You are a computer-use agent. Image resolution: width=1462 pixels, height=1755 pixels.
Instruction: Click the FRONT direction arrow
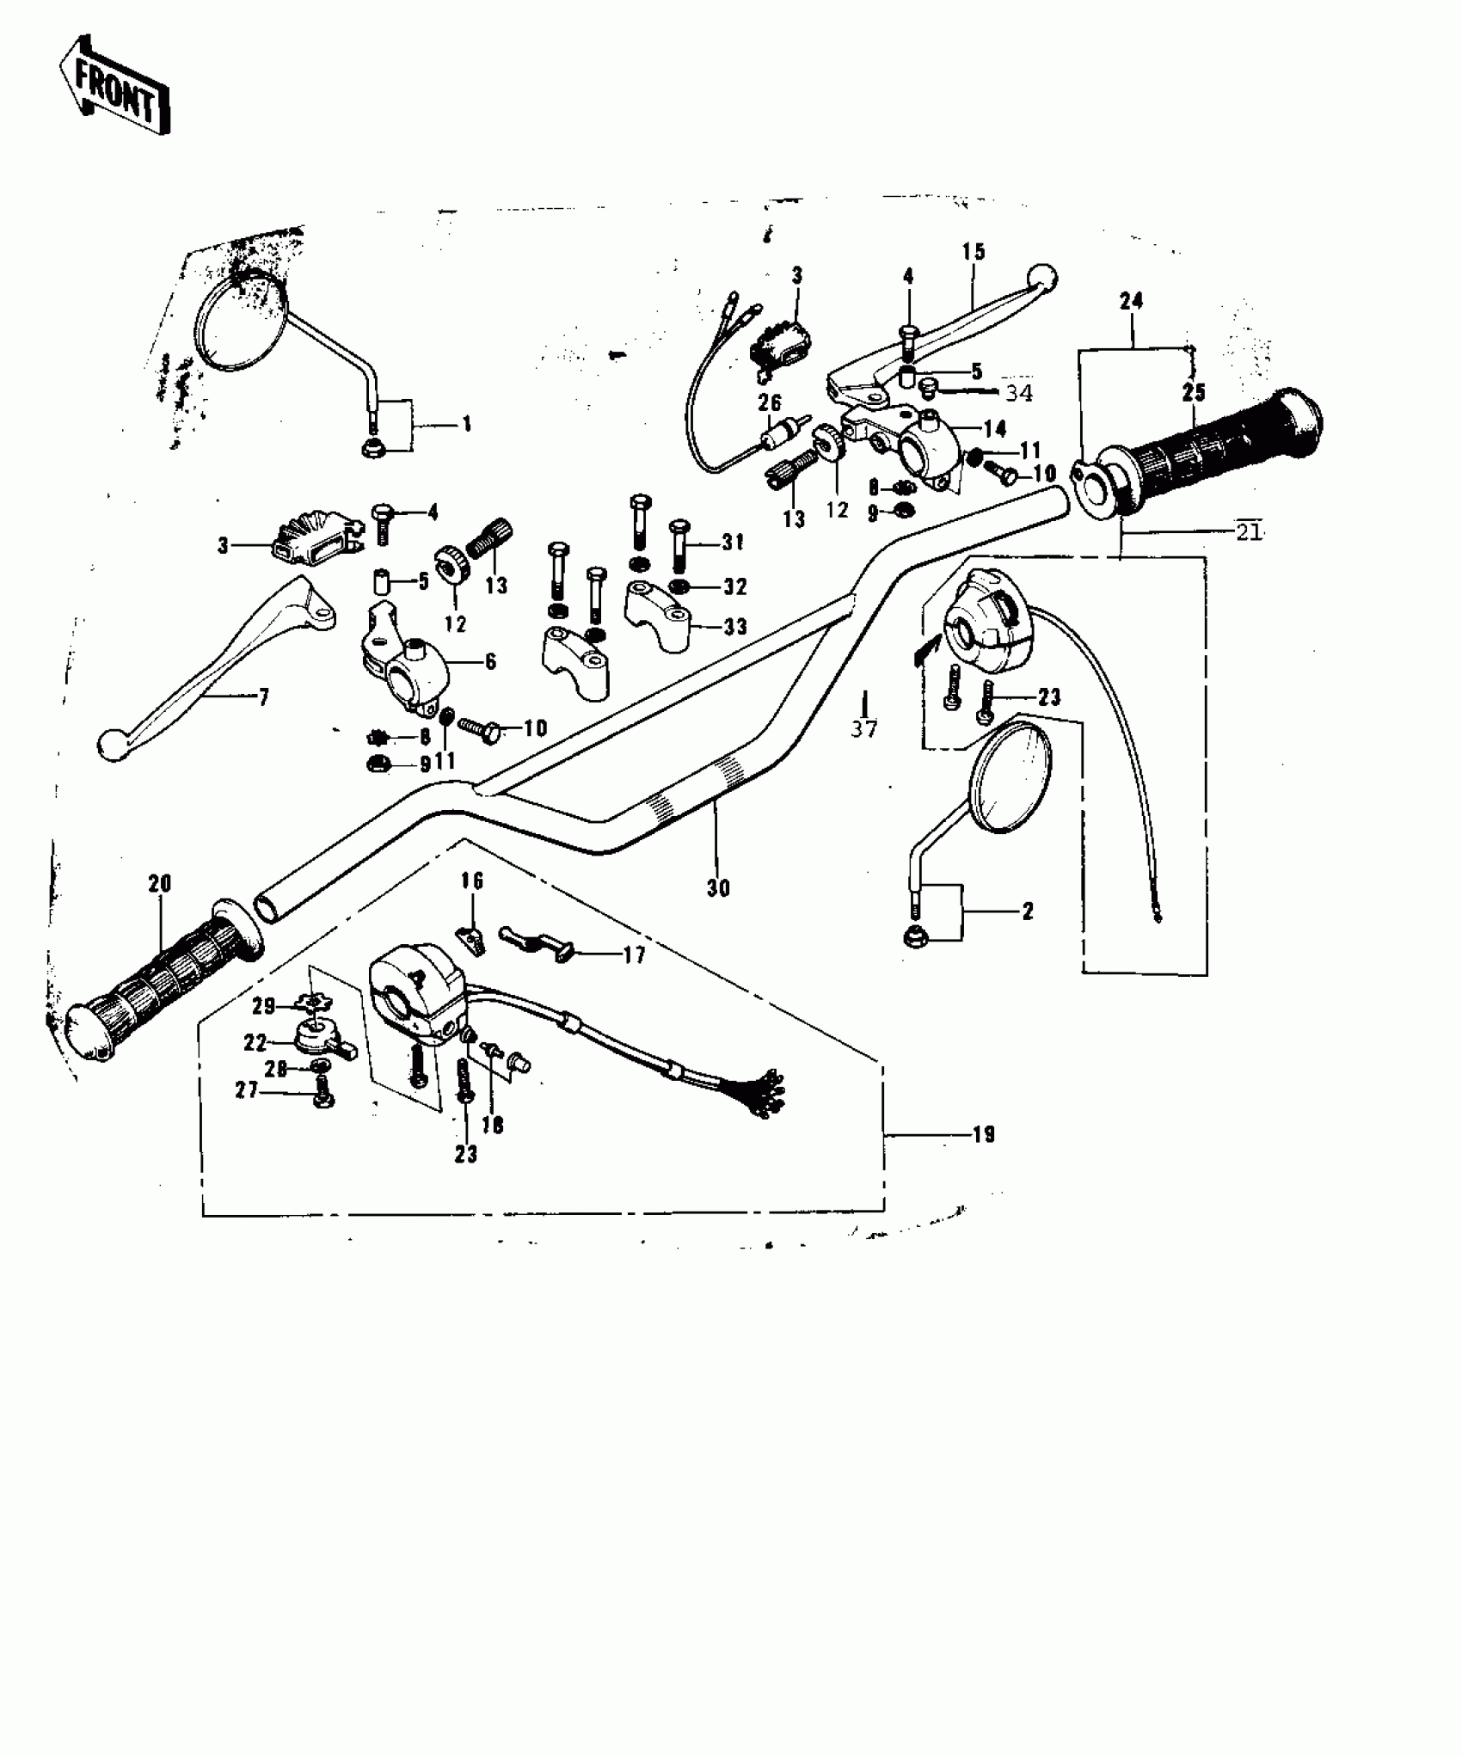pyautogui.click(x=114, y=86)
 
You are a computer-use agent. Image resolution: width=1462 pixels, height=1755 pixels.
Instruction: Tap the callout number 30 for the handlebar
pyautogui.click(x=718, y=888)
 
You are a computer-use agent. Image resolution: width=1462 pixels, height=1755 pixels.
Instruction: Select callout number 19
pyautogui.click(x=984, y=1135)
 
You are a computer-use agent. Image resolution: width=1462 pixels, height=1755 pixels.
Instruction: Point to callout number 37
pyautogui.click(x=864, y=729)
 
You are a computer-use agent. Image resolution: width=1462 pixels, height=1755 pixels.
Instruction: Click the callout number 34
pyautogui.click(x=1019, y=393)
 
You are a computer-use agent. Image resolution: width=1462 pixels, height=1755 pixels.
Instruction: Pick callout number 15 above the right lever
pyautogui.click(x=974, y=252)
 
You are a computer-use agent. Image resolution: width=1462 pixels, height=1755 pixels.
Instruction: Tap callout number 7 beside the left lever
pyautogui.click(x=264, y=696)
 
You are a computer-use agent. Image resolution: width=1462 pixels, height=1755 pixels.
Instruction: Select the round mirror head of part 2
pyautogui.click(x=1010, y=780)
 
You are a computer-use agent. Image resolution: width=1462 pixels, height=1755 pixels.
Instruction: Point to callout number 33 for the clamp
pyautogui.click(x=735, y=627)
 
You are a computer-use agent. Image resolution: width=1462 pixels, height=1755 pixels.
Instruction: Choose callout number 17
pyautogui.click(x=634, y=955)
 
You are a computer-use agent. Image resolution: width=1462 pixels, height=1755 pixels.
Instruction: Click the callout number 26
pyautogui.click(x=770, y=402)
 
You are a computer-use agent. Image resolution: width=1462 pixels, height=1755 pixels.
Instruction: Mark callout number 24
pyautogui.click(x=1132, y=301)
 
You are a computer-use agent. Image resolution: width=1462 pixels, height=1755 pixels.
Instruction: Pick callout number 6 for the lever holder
pyautogui.click(x=490, y=661)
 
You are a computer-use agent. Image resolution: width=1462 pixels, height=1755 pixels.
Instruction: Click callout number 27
pyautogui.click(x=248, y=1089)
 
